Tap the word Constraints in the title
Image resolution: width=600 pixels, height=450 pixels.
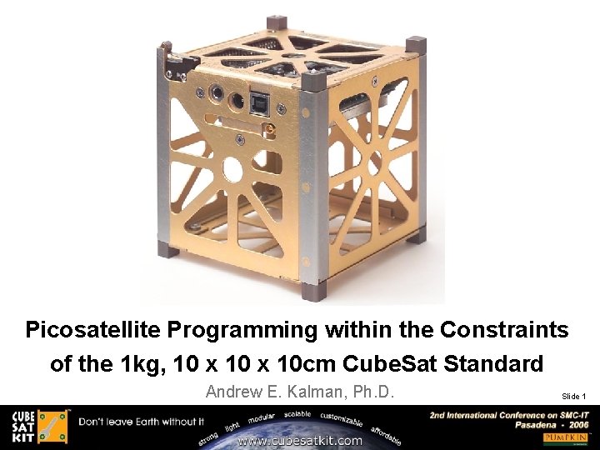(x=504, y=330)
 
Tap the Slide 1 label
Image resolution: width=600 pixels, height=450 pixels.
(x=573, y=396)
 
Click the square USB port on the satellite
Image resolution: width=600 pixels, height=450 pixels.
(x=260, y=102)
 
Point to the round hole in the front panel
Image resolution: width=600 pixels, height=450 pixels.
(x=232, y=171)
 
